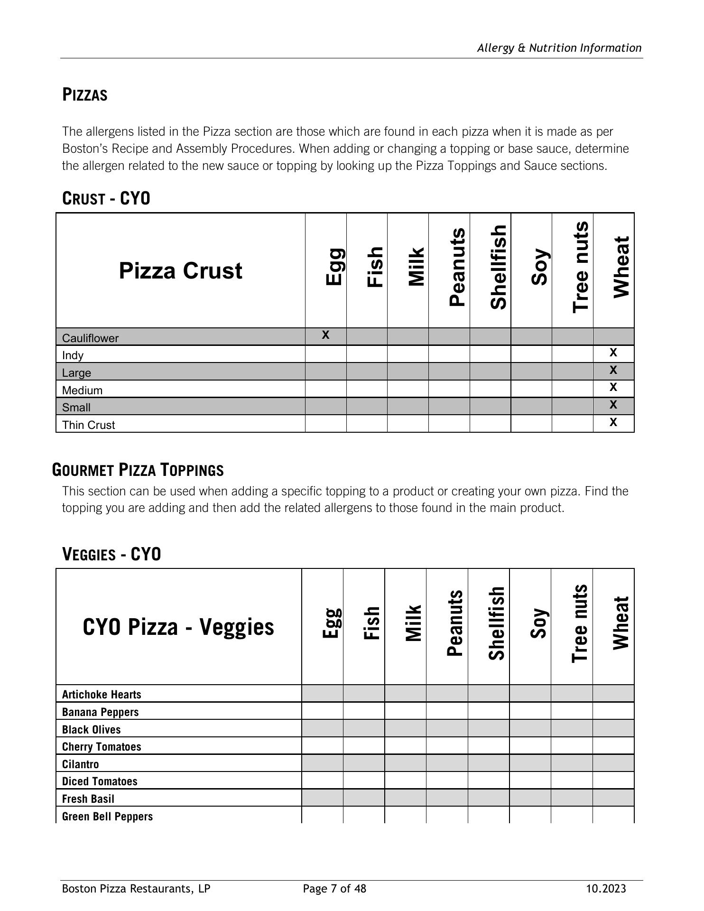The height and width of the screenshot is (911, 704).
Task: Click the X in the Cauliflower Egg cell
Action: [325, 335]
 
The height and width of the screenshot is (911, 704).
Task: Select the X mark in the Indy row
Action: [613, 353]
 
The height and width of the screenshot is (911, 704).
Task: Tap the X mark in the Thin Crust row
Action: [613, 422]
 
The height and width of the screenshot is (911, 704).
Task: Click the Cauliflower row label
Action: [90, 338]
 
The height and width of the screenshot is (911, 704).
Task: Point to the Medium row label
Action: [82, 390]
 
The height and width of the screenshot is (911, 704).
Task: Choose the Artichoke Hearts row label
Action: [102, 695]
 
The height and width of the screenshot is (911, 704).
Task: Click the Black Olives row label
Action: [91, 729]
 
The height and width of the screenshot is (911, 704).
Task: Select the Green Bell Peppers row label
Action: [107, 816]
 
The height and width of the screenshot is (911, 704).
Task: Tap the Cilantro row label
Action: [80, 764]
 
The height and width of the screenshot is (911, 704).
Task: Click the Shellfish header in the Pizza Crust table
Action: [498, 268]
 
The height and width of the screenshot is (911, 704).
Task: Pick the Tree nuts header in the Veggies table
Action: [580, 624]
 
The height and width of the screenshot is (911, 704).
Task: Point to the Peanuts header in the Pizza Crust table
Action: [457, 268]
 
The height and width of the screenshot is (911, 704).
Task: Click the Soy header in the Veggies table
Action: [538, 624]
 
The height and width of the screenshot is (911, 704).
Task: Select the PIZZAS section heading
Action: [85, 95]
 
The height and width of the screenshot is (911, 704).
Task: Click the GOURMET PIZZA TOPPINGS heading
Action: [138, 470]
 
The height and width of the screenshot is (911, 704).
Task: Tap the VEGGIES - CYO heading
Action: [111, 554]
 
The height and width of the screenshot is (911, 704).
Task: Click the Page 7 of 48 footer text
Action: [334, 888]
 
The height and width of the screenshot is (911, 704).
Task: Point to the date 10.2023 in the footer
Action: [606, 888]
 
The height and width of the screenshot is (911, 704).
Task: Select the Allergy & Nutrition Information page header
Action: [559, 48]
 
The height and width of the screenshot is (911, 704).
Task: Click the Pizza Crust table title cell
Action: [180, 270]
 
